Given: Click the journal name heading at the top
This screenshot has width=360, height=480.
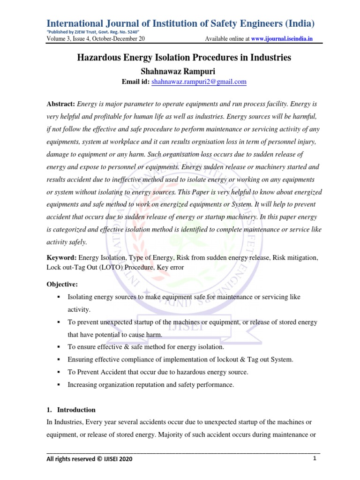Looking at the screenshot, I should coord(180,23).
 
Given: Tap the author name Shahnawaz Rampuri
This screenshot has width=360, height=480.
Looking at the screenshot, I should coord(180,70).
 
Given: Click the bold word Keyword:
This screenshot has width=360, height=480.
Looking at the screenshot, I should coord(61,258).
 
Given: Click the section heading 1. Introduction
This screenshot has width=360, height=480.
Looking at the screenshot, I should coord(71,397).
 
